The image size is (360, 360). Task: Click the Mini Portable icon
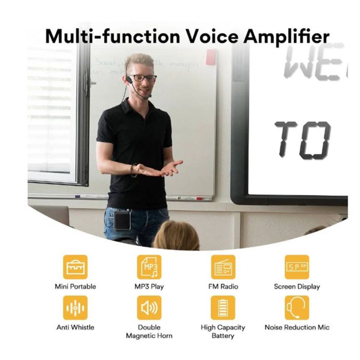(x=75, y=267)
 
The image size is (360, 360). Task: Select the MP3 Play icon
(x=149, y=267)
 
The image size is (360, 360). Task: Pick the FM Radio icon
(x=223, y=267)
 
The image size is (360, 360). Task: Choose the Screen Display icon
(x=297, y=267)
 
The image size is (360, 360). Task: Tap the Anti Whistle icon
(x=75, y=307)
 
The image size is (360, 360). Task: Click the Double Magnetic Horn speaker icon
(x=149, y=307)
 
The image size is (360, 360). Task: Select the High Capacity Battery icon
(x=223, y=307)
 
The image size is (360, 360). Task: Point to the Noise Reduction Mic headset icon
(x=297, y=307)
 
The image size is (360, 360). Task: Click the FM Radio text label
(x=223, y=286)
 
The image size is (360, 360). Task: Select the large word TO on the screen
(x=303, y=139)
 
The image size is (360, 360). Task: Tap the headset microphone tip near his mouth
(x=150, y=96)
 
